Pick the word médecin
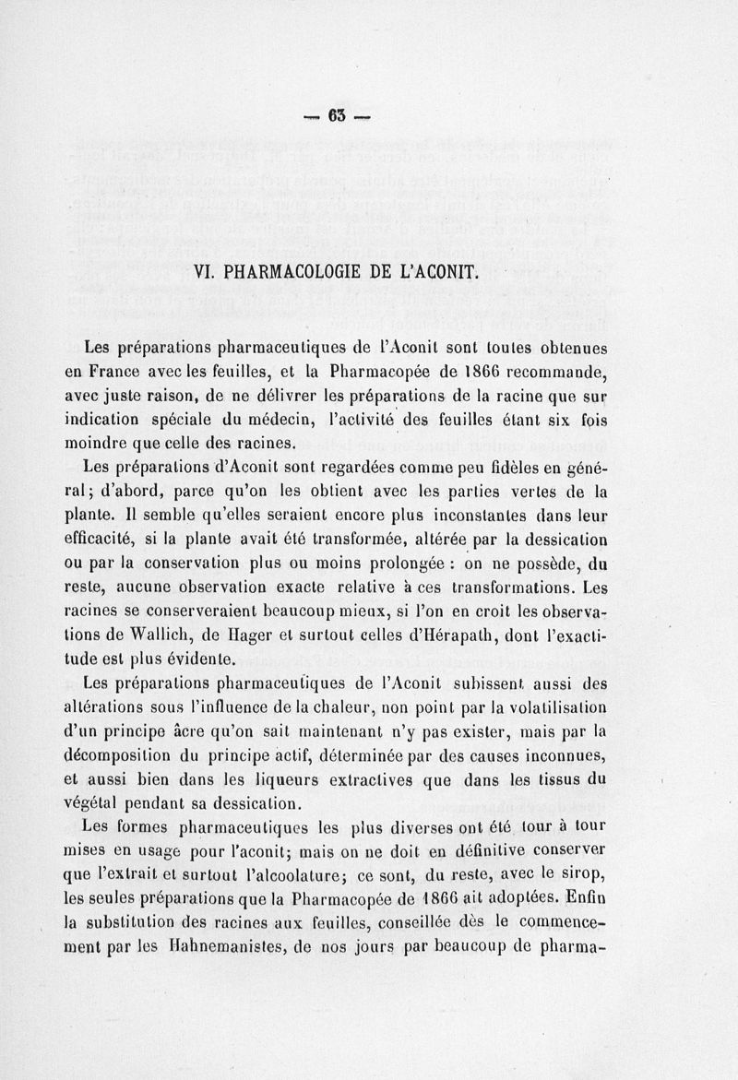pos(277,420)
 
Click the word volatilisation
pos(553,708)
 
